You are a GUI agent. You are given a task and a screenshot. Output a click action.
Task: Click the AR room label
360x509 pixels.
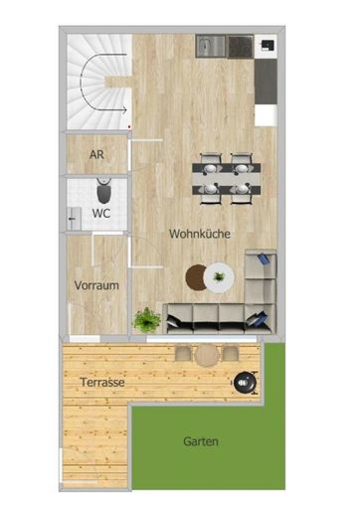tap(96, 155)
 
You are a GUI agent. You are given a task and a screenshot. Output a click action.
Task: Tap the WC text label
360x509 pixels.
tap(100, 213)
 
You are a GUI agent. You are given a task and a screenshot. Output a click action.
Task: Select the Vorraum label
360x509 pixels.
tap(96, 285)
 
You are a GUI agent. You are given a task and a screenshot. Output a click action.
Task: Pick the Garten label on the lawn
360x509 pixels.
tap(201, 441)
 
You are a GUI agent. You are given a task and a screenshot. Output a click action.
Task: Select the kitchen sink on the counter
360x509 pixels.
tap(211, 46)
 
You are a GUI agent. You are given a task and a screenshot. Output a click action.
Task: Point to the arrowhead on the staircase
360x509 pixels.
tap(123, 108)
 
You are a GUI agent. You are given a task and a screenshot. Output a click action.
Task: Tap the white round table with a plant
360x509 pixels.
tap(219, 275)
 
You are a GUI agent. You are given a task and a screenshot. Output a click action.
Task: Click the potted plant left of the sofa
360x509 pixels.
tap(147, 320)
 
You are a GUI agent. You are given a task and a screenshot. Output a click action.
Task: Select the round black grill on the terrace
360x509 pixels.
tap(243, 379)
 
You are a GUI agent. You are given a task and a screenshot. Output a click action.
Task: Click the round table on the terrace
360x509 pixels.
tap(207, 355)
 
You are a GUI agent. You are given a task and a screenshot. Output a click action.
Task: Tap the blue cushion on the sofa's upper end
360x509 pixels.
tap(263, 260)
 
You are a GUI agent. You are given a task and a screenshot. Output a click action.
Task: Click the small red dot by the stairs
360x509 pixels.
tap(131, 128)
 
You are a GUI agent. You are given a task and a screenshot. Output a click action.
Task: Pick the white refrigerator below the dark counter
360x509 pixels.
tap(266, 114)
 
